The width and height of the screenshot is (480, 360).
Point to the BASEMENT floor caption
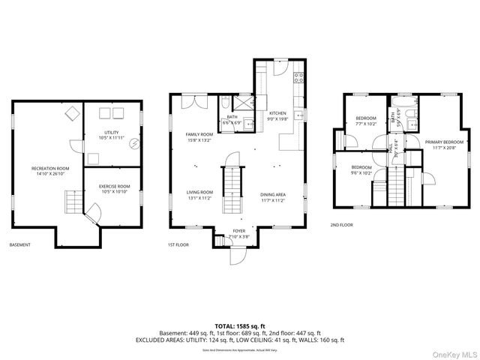pos(20,245)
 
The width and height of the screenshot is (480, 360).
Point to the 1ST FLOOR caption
pos(178,245)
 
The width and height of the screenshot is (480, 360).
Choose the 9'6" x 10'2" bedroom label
pos(361,170)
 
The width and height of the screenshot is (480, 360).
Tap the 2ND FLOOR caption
pos(341,224)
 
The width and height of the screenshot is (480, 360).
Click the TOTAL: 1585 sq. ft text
pos(239,326)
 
